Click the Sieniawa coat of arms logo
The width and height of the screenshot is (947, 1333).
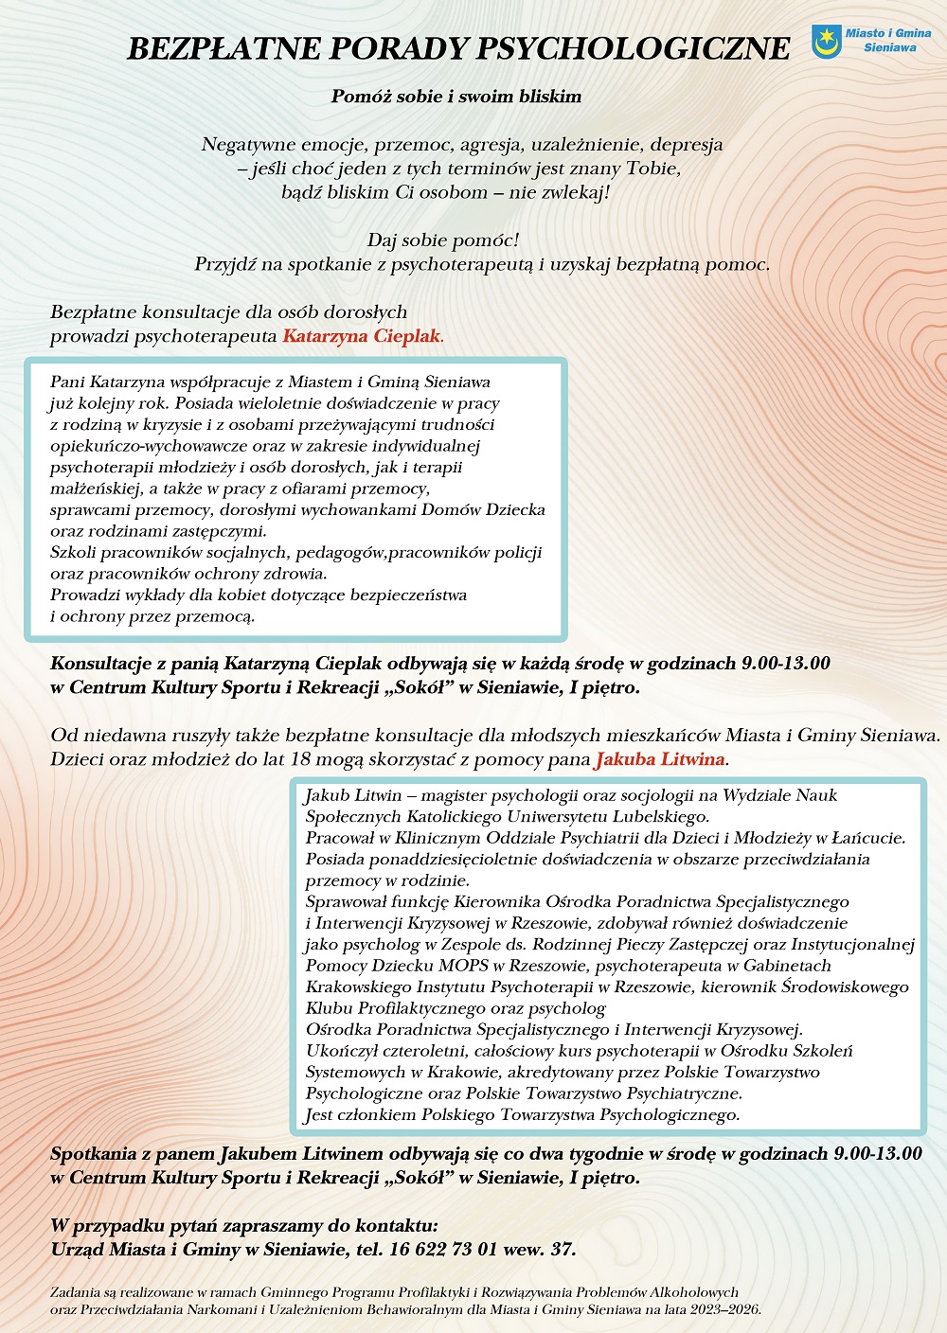pos(827,41)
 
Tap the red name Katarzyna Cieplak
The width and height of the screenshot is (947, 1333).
pos(362,336)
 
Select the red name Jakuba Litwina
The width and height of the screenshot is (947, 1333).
pos(659,759)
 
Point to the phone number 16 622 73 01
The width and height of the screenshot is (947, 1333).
pos(443,1249)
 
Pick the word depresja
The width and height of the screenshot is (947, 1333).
pos(687,145)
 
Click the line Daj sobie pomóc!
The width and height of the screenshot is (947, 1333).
pos(443,240)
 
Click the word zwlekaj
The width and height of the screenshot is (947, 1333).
pos(571,193)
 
